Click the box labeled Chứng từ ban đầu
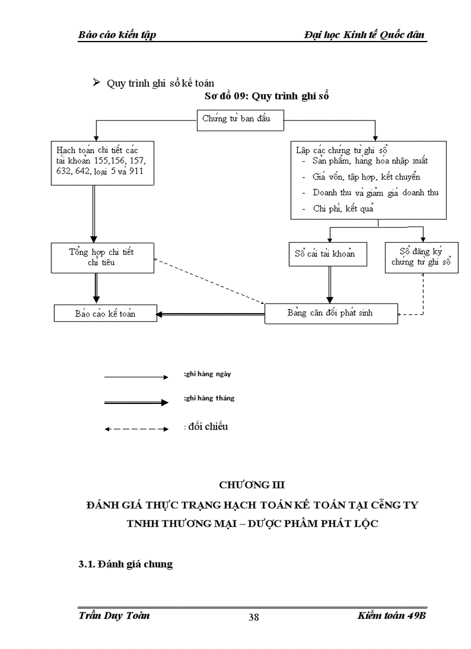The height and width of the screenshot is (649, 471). [235, 120]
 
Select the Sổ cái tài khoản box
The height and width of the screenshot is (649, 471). [325, 254]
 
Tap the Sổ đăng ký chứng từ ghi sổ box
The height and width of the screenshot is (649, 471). [421, 257]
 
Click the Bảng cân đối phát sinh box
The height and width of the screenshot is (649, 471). [331, 313]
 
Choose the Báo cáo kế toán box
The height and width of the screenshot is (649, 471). [105, 313]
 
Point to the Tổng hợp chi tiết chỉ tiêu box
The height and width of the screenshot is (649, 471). [102, 257]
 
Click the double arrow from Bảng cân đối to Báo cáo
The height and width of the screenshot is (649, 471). [211, 314]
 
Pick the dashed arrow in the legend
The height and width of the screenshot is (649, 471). [137, 429]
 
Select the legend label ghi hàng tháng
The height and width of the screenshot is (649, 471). [209, 398]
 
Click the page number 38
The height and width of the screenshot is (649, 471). [253, 617]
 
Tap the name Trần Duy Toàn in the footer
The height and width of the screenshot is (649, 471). [114, 615]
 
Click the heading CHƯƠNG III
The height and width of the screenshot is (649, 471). [252, 484]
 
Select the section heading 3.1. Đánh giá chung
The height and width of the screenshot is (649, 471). [125, 564]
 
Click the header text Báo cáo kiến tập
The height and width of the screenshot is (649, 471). [117, 35]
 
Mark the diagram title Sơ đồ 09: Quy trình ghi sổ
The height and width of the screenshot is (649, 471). [266, 96]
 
